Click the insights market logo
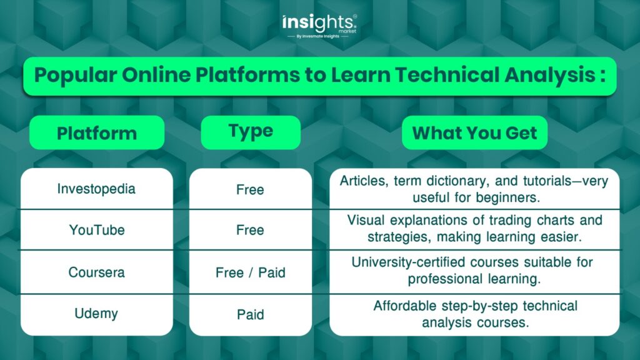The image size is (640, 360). click(x=319, y=26)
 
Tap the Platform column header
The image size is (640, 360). click(x=97, y=132)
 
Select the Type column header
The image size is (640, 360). click(x=251, y=132)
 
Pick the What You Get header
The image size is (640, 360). click(x=475, y=132)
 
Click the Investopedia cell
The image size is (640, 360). click(x=96, y=189)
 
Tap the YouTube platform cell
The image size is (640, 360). click(x=97, y=230)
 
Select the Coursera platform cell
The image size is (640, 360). click(x=97, y=272)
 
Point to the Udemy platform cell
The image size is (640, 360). click(x=96, y=314)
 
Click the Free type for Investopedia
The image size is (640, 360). click(x=250, y=189)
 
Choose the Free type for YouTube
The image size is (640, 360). click(x=250, y=230)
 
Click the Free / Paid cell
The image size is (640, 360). click(x=250, y=272)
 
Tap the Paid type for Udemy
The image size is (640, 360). click(x=250, y=315)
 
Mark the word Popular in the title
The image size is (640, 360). click(x=76, y=76)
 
